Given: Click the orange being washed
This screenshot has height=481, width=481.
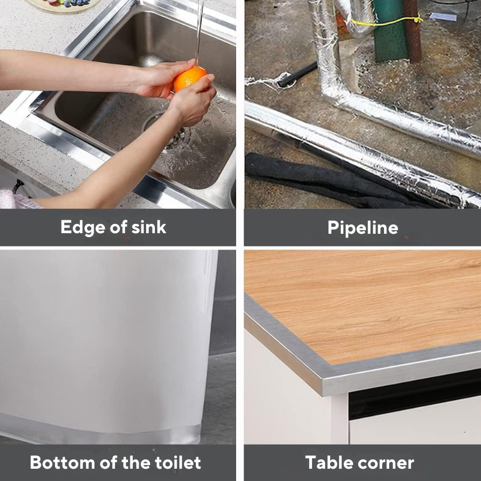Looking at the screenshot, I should (189, 79).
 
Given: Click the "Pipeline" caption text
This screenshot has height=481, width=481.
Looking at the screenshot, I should (362, 227).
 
